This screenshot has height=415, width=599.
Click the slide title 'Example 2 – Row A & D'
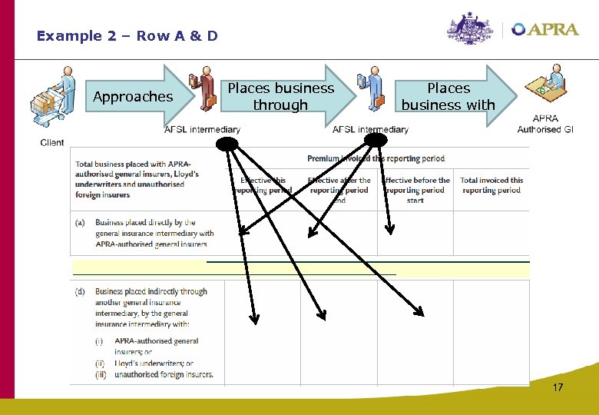pos(127,36)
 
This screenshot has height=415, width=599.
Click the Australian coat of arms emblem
pos(471,29)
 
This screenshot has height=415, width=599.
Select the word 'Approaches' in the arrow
pos(133,97)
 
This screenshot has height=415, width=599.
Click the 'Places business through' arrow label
pos(281,97)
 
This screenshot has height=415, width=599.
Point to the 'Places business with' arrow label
pos(448,97)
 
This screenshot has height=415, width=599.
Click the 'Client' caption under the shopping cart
pos(52,143)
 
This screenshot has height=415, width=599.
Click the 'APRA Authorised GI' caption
pos(545,124)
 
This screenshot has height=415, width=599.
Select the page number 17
pos(558,387)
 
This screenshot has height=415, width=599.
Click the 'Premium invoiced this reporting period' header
pos(376,158)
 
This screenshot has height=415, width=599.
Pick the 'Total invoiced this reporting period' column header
pos(491,185)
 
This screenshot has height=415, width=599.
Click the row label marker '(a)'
pos(80,223)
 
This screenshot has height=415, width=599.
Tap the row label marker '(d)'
pos(80,292)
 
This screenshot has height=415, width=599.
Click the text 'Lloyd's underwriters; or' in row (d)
pos(154,364)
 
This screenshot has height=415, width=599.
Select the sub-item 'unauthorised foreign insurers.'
pos(164,374)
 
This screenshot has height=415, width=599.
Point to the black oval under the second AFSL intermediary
pos(376,139)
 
